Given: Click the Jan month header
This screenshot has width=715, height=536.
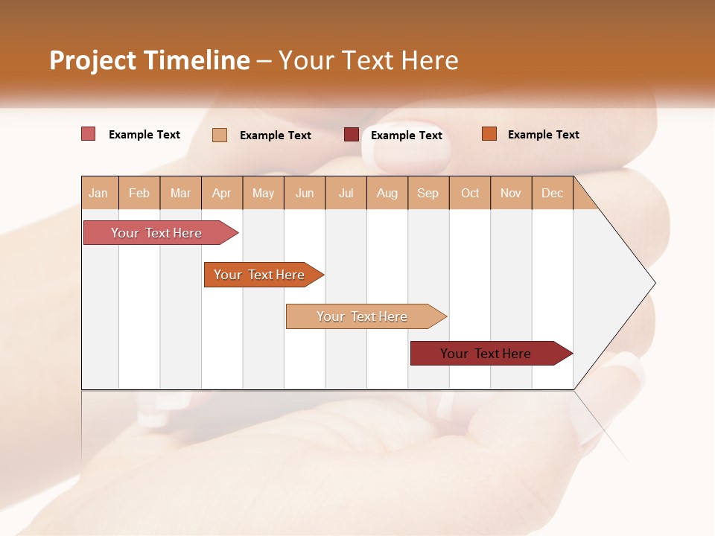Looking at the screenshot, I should [x=98, y=193].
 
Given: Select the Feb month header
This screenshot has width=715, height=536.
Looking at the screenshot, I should [x=139, y=193].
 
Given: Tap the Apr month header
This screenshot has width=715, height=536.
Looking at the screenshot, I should [x=222, y=193].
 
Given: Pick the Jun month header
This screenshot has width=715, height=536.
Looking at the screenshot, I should [x=305, y=193].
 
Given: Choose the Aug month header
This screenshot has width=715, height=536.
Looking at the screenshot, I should [x=387, y=193].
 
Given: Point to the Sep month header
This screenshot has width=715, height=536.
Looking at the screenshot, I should [x=428, y=193].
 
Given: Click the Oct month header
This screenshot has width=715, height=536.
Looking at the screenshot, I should [x=470, y=193].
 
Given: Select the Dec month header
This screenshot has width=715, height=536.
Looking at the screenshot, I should [x=553, y=193].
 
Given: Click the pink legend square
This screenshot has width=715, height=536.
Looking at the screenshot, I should [x=89, y=134].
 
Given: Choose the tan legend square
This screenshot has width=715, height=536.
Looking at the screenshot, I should [x=220, y=135].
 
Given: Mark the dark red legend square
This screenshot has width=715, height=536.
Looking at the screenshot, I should [x=352, y=135].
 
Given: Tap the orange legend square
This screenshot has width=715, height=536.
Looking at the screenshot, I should [x=489, y=134].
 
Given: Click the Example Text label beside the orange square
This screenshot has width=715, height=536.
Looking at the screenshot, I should [x=543, y=135].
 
